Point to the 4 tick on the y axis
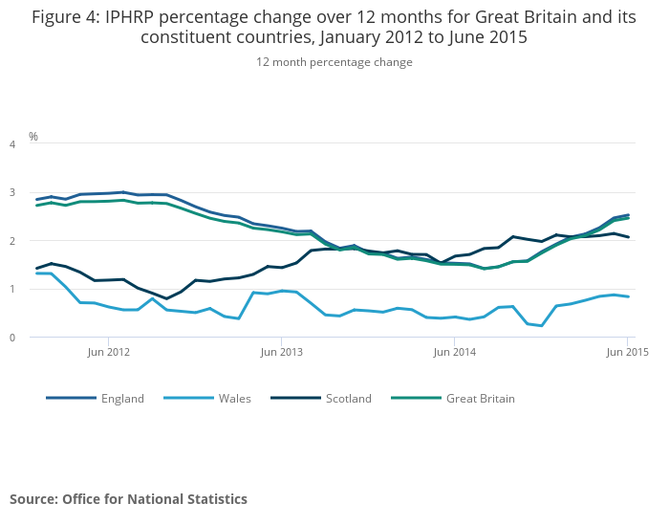12,144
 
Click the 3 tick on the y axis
12,193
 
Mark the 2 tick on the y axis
12,241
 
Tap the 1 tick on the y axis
12,290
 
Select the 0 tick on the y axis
12,338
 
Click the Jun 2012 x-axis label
108,353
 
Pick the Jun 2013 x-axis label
281,353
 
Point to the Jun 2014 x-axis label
454,353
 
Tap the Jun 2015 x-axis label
627,353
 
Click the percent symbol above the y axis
33,137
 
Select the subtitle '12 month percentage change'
334,62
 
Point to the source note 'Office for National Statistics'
155,499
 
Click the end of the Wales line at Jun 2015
627,296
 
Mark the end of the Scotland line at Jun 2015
627,237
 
